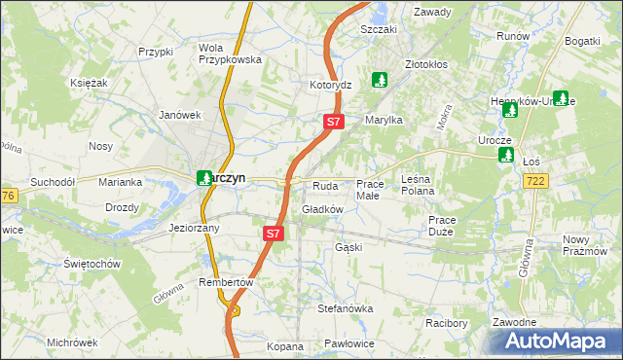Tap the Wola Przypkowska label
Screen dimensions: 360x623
point(230,54)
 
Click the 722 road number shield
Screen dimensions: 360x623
point(535,181)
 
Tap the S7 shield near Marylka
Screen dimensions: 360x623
point(333,122)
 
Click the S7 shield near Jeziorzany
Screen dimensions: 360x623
point(274,234)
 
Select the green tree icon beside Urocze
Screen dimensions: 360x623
point(505,155)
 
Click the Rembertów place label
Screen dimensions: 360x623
point(226,282)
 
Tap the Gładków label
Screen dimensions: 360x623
point(322,209)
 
